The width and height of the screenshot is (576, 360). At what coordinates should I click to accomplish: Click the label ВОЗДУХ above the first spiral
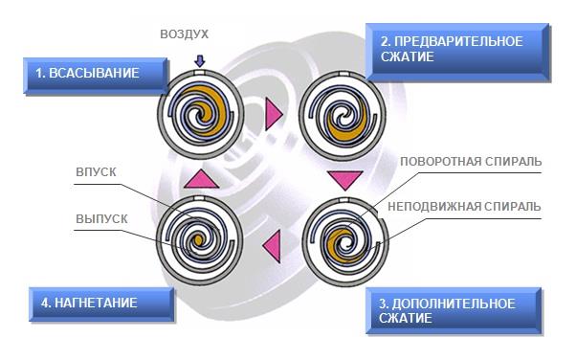click(x=184, y=34)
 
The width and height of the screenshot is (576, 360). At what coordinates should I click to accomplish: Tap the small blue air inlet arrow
click(x=199, y=61)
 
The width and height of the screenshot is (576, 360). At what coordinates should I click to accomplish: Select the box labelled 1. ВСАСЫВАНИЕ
click(x=96, y=76)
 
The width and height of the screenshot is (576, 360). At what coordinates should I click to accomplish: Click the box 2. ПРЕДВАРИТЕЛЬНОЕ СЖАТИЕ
click(x=457, y=52)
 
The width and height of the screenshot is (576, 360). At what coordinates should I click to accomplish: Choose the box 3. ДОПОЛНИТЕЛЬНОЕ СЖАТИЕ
click(x=454, y=311)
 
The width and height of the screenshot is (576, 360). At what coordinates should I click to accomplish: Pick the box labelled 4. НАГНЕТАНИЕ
click(x=101, y=304)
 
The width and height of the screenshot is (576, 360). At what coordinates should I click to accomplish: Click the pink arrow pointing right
click(x=274, y=114)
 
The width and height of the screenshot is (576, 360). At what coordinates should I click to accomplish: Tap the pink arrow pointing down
click(x=345, y=180)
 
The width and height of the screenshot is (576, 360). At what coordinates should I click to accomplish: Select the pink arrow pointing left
click(x=272, y=246)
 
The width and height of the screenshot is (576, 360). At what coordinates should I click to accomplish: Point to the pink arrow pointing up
click(x=201, y=179)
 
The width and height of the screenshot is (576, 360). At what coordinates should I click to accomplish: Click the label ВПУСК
click(x=96, y=172)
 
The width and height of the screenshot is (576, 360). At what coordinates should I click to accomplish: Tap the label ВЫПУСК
click(x=101, y=219)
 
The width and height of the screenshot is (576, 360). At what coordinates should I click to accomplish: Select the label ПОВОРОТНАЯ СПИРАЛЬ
click(x=471, y=162)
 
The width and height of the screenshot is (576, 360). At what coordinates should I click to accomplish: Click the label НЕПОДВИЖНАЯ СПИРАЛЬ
click(x=464, y=206)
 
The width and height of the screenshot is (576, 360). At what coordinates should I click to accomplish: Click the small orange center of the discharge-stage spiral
click(x=198, y=240)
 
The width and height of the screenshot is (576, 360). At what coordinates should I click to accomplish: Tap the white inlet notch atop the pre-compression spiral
click(x=343, y=74)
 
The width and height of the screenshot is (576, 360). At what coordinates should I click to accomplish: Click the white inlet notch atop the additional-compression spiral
click(x=343, y=200)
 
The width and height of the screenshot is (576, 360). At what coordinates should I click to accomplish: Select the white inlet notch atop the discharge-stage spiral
click(x=199, y=198)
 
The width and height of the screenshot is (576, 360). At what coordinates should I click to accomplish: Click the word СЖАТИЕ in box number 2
click(x=407, y=56)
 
